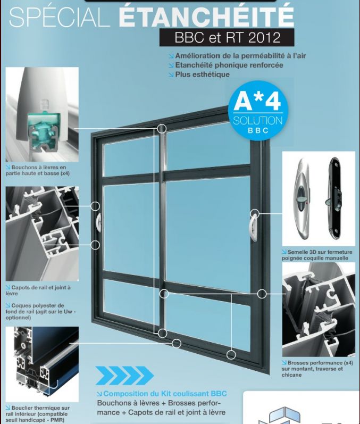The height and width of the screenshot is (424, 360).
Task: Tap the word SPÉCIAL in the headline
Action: click(60, 17)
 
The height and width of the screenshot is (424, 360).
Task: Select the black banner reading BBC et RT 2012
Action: click(227, 37)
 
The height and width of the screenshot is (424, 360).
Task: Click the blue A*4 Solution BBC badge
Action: click(258, 111)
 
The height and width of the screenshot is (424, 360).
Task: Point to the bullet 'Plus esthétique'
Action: click(199, 74)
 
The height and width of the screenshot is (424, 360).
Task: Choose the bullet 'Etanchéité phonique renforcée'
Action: click(226, 65)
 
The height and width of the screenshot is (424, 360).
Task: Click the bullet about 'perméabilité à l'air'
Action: click(238, 56)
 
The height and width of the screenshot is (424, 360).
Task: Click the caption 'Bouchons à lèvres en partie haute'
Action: click(38, 170)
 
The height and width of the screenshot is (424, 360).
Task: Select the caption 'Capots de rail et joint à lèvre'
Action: click(38, 290)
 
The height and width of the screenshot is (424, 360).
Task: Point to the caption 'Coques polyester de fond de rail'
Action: click(41, 311)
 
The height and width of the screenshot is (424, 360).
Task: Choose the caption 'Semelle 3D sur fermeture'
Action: click(317, 255)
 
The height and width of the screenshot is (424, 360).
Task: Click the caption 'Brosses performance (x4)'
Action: click(317, 369)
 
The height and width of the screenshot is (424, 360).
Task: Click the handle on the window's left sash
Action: click(98, 222)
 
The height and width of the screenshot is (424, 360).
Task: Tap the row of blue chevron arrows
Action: click(124, 376)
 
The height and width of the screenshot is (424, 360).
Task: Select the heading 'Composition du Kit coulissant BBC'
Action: click(162, 394)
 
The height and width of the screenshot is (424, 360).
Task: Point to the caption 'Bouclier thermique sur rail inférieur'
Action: click(38, 414)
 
